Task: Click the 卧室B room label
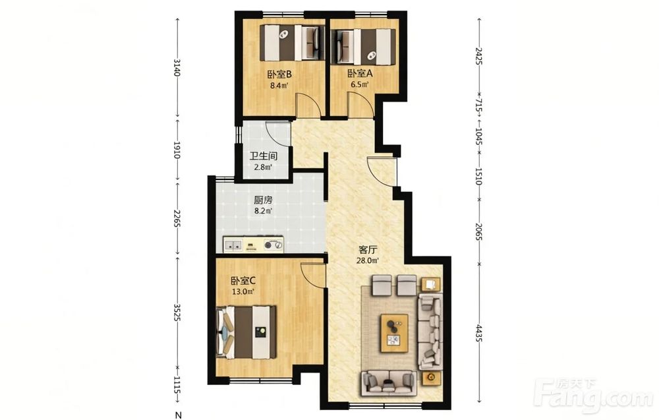click(x=279, y=75)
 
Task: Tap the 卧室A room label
click(x=360, y=74)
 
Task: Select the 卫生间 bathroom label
click(x=264, y=156)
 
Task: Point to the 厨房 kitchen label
click(x=264, y=200)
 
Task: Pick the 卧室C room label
click(x=243, y=281)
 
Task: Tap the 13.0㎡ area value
click(x=243, y=291)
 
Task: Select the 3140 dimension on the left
click(x=177, y=68)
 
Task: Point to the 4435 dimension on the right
click(x=478, y=332)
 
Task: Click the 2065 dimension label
click(x=478, y=231)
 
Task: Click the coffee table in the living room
click(x=394, y=333)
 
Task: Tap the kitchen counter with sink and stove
click(x=253, y=245)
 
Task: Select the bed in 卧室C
click(x=246, y=332)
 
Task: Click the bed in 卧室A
click(x=364, y=46)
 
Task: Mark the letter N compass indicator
click(x=179, y=415)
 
